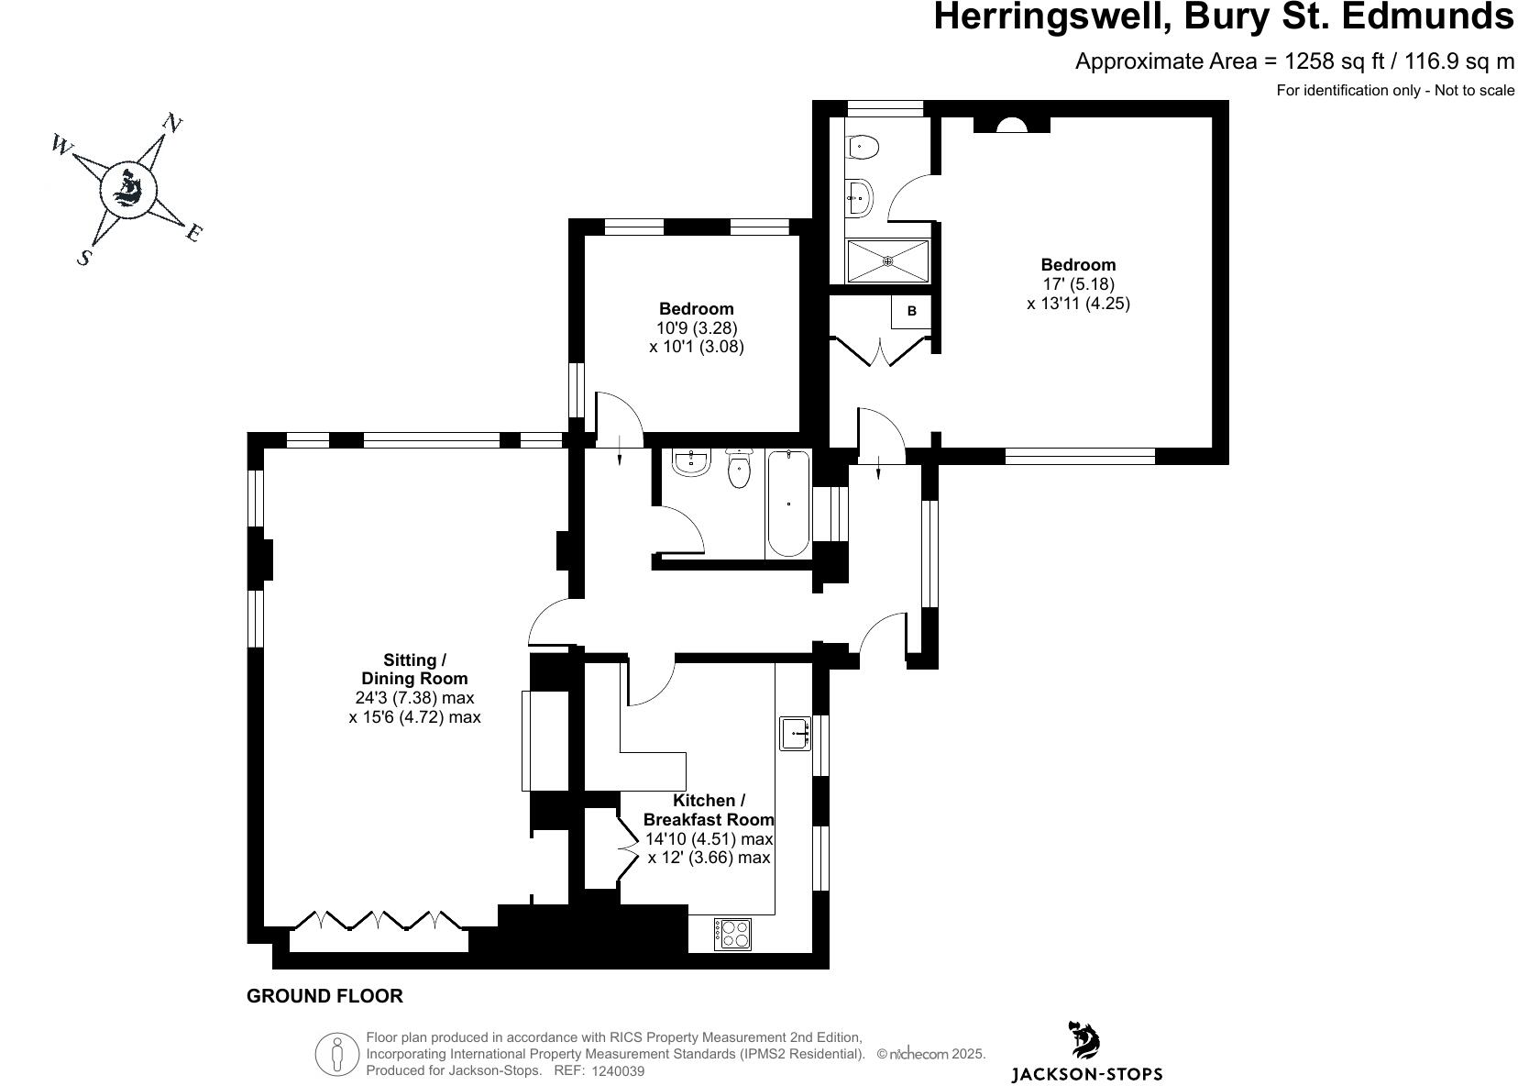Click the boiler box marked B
[911, 312]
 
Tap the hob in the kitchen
[732, 934]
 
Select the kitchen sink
[795, 734]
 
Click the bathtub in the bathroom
[788, 503]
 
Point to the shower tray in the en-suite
[887, 260]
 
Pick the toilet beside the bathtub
[739, 470]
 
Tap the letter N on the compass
[171, 123]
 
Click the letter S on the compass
[84, 257]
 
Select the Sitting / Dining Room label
[414, 670]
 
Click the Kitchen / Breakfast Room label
[709, 810]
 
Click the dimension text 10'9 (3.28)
[697, 327]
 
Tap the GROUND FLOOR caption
[324, 996]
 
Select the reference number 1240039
[619, 1070]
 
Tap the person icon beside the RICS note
[336, 1054]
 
